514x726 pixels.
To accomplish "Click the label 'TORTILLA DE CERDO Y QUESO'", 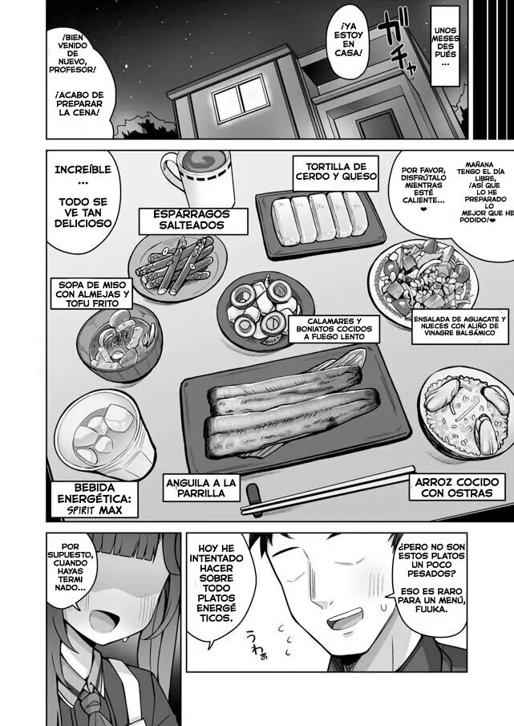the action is (335, 172).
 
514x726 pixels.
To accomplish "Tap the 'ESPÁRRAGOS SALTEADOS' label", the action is (192, 221).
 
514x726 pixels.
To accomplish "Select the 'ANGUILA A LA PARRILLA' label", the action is (200, 489).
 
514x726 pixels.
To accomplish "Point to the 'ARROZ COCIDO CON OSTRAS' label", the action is (456, 487).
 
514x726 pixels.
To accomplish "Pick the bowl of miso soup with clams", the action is (119, 343).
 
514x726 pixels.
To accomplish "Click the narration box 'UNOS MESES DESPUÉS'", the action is (445, 46).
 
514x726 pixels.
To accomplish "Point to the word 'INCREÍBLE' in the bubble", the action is (83, 169).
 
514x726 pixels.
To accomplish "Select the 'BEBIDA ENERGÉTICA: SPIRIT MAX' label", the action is (95, 499).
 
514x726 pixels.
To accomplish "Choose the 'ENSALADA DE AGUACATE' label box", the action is (459, 329).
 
